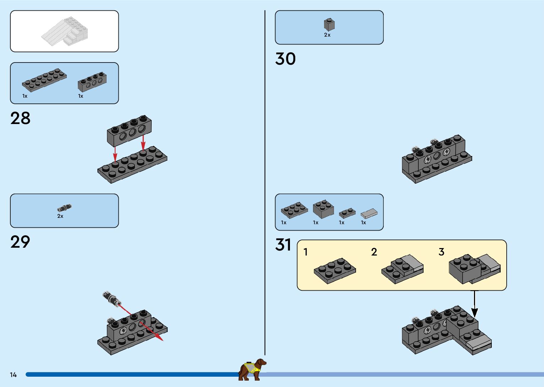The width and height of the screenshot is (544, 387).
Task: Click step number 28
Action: pyautogui.click(x=20, y=118)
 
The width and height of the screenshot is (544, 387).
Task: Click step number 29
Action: pyautogui.click(x=20, y=242)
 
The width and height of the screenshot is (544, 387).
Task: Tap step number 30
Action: pyautogui.click(x=285, y=59)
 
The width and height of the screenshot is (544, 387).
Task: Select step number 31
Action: pyautogui.click(x=283, y=245)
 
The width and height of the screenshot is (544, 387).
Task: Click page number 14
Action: pyautogui.click(x=14, y=375)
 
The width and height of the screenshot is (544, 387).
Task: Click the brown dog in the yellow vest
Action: pyautogui.click(x=252, y=369)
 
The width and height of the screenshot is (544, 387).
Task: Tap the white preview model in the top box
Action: pyautogui.click(x=65, y=32)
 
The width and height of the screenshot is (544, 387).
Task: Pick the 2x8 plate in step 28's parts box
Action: pyautogui.click(x=44, y=80)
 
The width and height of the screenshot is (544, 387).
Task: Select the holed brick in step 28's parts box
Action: pyautogui.click(x=92, y=82)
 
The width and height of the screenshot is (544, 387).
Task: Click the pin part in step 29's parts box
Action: pyautogui.click(x=64, y=208)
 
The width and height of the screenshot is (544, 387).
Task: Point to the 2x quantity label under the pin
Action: pyautogui.click(x=60, y=216)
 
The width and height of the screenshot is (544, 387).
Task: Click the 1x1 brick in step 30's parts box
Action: pyautogui.click(x=329, y=25)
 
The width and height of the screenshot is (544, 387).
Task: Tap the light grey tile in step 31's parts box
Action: pyautogui.click(x=369, y=213)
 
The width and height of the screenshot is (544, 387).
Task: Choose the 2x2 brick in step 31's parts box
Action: pyautogui.click(x=323, y=209)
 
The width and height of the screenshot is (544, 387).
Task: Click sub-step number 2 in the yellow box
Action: pyautogui.click(x=374, y=252)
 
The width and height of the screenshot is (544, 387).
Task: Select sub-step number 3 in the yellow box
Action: pyautogui.click(x=441, y=252)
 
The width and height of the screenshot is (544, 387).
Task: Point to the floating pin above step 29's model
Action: pyautogui.click(x=112, y=299)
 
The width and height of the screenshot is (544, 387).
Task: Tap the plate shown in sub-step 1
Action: pyautogui.click(x=335, y=270)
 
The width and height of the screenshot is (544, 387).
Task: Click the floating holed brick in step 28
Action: pyautogui.click(x=129, y=130)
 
